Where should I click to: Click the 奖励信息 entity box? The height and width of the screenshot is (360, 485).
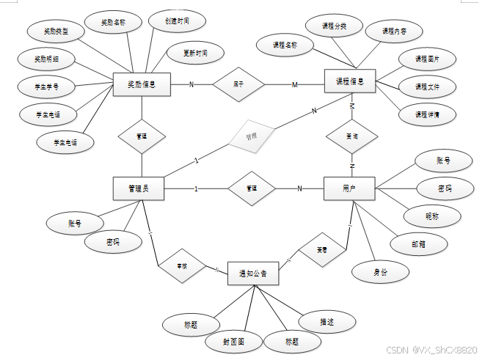[x=142, y=84]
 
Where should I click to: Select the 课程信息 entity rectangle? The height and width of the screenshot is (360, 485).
[x=350, y=81]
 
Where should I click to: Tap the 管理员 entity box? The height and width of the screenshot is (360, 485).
[x=138, y=188]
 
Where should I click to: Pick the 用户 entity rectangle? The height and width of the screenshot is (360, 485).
[x=349, y=188]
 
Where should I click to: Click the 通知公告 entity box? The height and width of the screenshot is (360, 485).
[x=253, y=274]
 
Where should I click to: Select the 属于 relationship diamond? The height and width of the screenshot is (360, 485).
[x=238, y=84]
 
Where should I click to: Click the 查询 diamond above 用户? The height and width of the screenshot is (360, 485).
[x=352, y=136]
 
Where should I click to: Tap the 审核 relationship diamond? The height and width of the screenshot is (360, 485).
[x=180, y=266]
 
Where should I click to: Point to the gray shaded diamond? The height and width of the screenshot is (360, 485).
[x=251, y=136]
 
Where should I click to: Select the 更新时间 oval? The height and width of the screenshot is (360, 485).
[x=190, y=54]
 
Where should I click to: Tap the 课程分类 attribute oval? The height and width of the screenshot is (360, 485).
[x=334, y=26]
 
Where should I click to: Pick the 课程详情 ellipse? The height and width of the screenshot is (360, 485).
[x=426, y=114]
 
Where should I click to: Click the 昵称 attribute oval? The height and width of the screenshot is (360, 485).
[x=432, y=216]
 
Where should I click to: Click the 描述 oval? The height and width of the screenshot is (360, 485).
[x=327, y=321]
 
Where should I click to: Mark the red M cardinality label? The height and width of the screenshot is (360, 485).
[x=295, y=85]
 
